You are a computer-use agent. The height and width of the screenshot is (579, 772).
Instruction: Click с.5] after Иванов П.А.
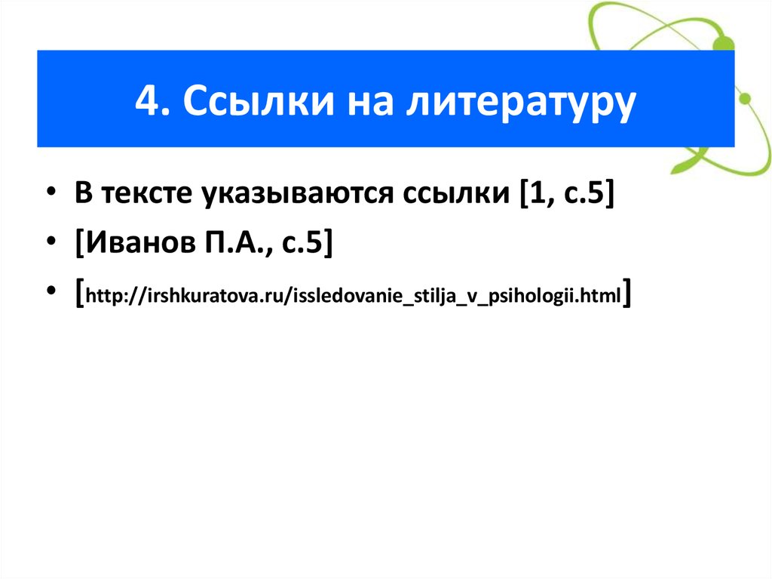pyautogui.click(x=305, y=244)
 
